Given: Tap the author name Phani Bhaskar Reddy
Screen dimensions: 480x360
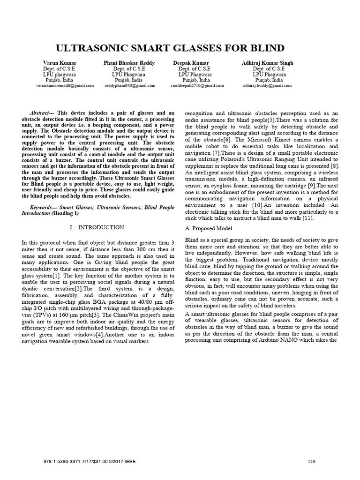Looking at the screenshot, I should click(129, 63).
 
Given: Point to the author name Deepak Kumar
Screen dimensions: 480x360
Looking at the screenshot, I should click(191, 63).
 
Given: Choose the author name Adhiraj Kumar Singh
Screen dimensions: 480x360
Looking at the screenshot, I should click(267, 63).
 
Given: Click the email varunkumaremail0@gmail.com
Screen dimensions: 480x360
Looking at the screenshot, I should click(65, 86).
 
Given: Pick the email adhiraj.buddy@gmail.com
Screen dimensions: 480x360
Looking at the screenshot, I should click(267, 86).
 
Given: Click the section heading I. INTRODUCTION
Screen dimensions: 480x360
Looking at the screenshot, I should click(97, 227).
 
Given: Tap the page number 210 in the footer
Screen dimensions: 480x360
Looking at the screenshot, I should click(312, 461).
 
